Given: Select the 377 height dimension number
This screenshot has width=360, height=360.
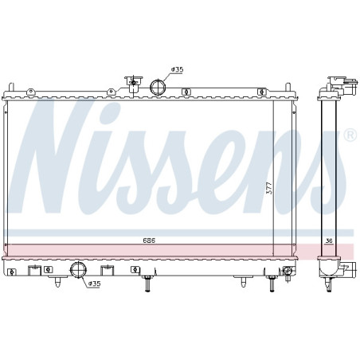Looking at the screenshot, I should [269, 188].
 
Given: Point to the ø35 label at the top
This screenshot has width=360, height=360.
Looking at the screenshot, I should [177, 70].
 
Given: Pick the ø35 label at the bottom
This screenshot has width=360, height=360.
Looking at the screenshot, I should [94, 283].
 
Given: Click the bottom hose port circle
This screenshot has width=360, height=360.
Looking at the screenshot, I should [79, 271].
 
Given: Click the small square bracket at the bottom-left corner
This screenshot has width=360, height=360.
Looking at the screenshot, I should [12, 272].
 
